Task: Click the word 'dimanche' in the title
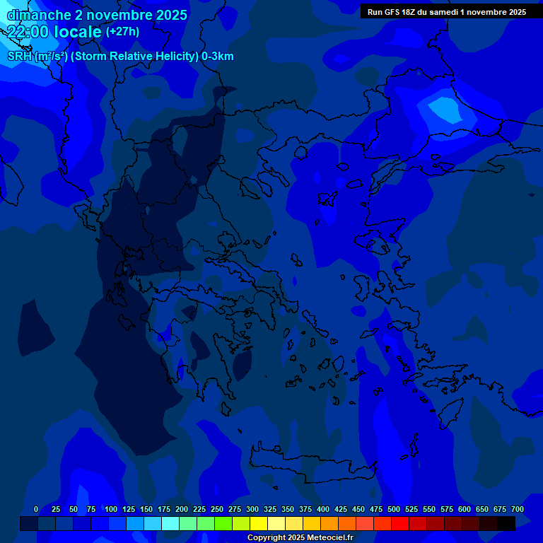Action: click(x=38, y=15)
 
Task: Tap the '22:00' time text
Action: click(x=27, y=32)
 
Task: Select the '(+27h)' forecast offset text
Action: click(x=122, y=32)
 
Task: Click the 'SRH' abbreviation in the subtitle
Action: click(x=19, y=57)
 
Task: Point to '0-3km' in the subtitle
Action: click(x=218, y=57)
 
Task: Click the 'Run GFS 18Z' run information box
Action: click(x=447, y=12)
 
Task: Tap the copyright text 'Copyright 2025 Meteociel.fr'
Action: click(x=300, y=537)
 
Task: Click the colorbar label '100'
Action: click(x=111, y=509)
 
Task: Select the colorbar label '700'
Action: click(x=518, y=509)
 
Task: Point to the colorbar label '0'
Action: click(x=36, y=509)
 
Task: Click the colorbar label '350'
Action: click(x=288, y=509)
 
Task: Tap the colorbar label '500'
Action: click(x=394, y=509)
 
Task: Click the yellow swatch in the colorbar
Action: click(x=258, y=523)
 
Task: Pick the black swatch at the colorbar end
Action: click(x=506, y=523)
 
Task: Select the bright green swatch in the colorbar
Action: click(x=223, y=523)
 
